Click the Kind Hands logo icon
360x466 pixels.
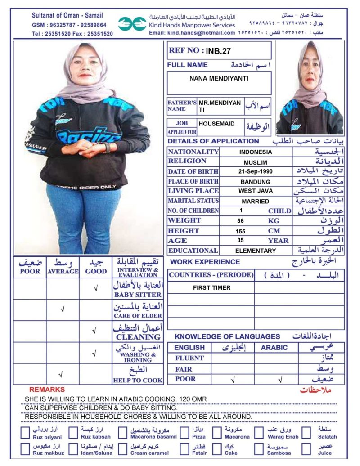tap(132, 23)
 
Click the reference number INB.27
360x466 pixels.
tap(218, 51)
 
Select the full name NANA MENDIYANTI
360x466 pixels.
tap(219, 78)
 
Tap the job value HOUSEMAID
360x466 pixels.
tap(216, 123)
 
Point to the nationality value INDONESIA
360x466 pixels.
tap(255, 152)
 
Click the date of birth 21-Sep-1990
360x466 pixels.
tap(255, 171)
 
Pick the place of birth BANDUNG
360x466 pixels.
tap(255, 182)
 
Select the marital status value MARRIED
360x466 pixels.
tap(255, 201)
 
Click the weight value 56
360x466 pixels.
tap(241, 221)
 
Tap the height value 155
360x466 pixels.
tap(241, 231)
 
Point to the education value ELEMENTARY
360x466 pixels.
tap(255, 251)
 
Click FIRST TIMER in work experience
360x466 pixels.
tap(211, 287)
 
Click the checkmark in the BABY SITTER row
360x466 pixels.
tap(95, 288)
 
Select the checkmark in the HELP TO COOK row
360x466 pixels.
tap(62, 374)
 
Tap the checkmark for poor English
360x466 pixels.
tap(233, 379)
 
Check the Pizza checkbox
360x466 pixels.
tap(184, 433)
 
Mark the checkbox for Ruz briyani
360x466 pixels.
tap(26, 433)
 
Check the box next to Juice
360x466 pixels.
tap(306, 449)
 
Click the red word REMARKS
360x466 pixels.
tap(47, 390)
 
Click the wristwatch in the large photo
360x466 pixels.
tap(107, 148)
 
